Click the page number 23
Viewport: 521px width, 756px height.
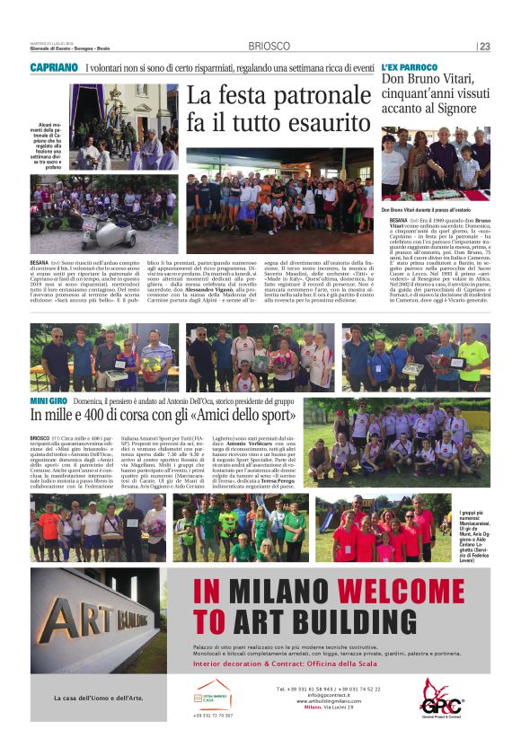pyautogui.click(x=484, y=47)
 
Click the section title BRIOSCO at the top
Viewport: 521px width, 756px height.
pyautogui.click(x=270, y=47)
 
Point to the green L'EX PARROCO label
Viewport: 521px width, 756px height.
pyautogui.click(x=409, y=68)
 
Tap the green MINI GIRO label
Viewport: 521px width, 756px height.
pyautogui.click(x=50, y=400)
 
